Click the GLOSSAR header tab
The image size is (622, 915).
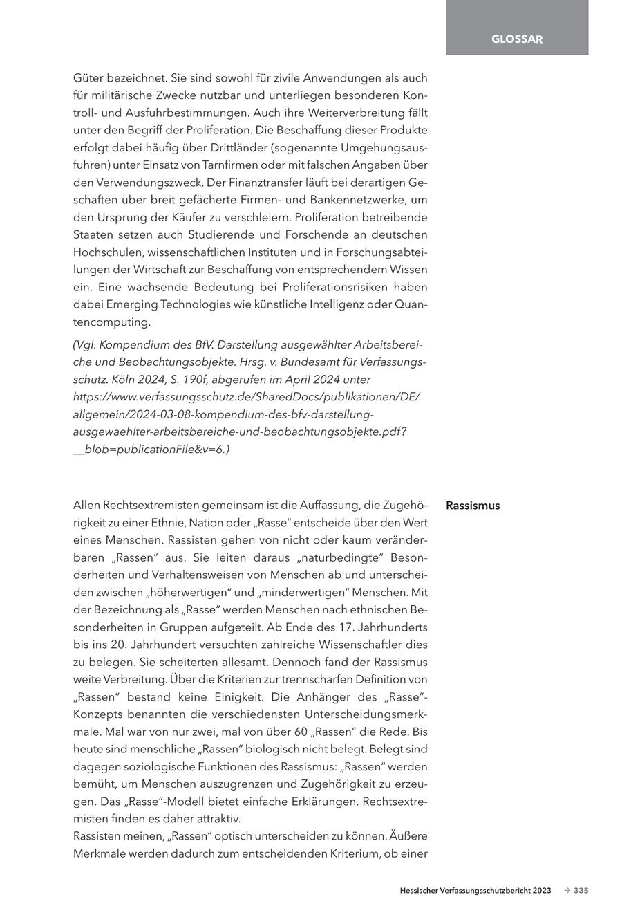coord(517,39)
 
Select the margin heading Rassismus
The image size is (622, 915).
coord(473,506)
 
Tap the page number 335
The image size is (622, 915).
coord(581,891)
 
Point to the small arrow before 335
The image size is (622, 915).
coord(567,891)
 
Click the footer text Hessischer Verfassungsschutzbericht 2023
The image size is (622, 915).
coord(475,891)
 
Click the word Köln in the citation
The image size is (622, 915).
coord(108,379)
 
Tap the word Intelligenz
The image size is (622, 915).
coord(341,304)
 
